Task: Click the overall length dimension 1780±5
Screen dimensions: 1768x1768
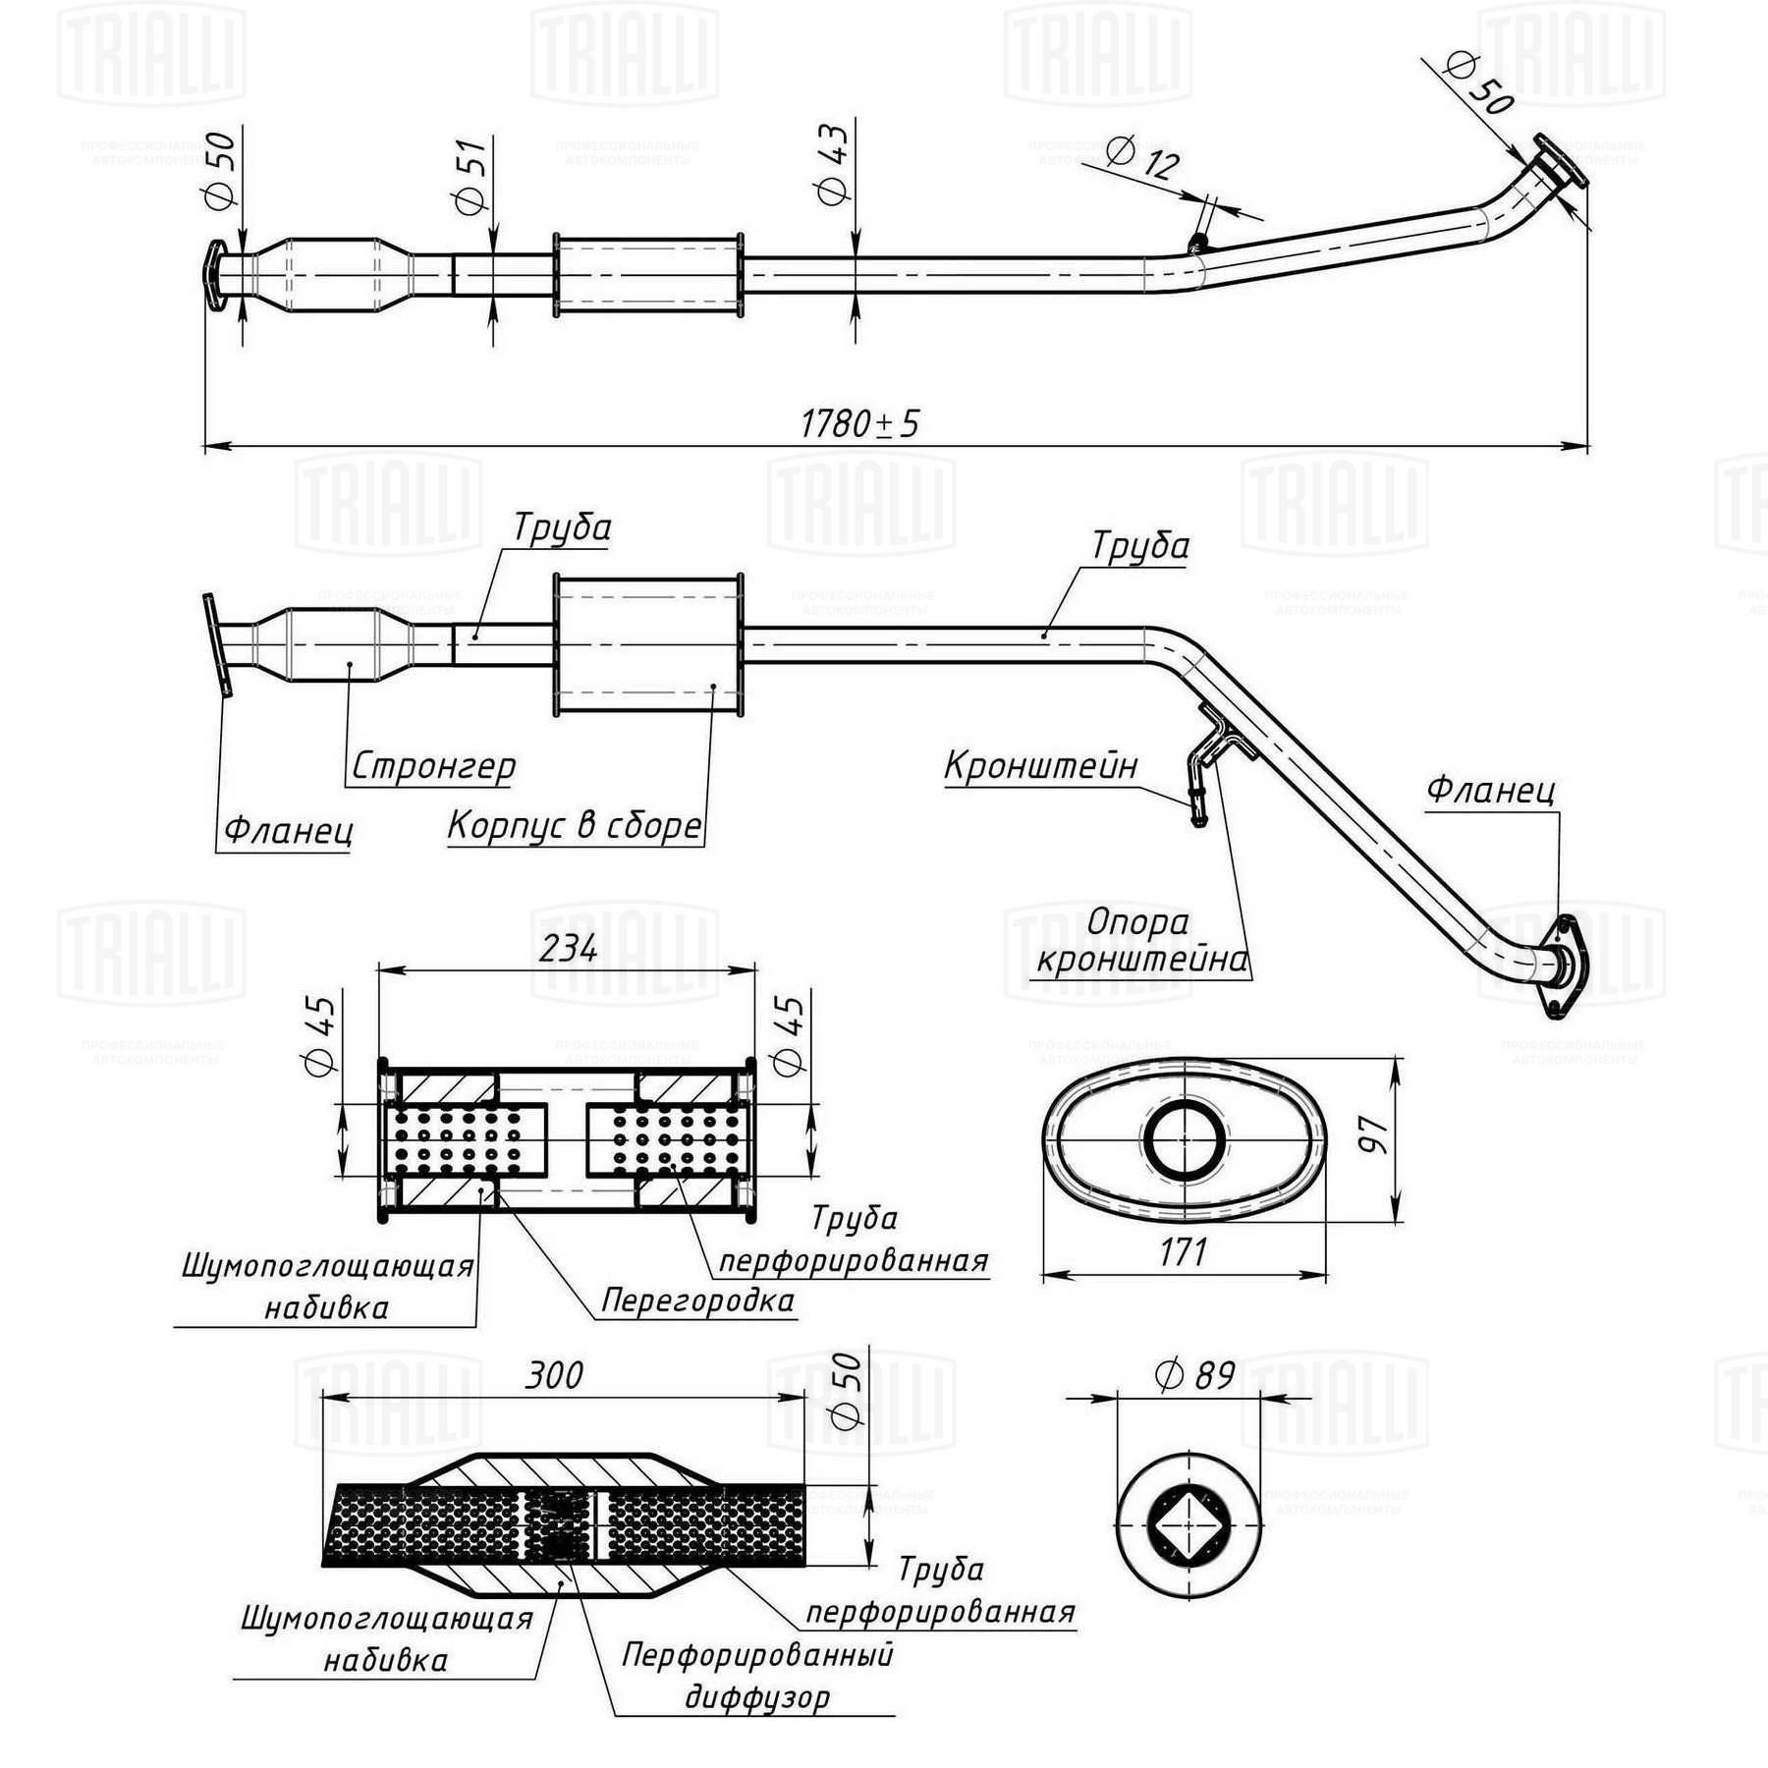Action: (859, 424)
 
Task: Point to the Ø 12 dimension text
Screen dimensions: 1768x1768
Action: (1142, 157)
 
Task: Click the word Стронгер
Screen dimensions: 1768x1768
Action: (432, 765)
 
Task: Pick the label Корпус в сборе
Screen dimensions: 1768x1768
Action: (576, 825)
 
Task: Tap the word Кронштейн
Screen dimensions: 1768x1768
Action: (1041, 765)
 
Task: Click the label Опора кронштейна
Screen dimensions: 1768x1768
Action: (1141, 940)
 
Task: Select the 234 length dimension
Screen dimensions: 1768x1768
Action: (569, 948)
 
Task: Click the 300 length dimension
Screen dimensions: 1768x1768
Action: (554, 1375)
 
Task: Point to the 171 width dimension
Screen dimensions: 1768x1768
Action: (1183, 1252)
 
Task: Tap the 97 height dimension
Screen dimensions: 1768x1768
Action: (1376, 1135)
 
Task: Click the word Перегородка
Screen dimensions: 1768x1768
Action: (697, 1300)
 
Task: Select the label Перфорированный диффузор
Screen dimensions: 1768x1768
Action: (757, 1675)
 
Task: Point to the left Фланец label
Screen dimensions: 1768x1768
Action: (288, 831)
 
